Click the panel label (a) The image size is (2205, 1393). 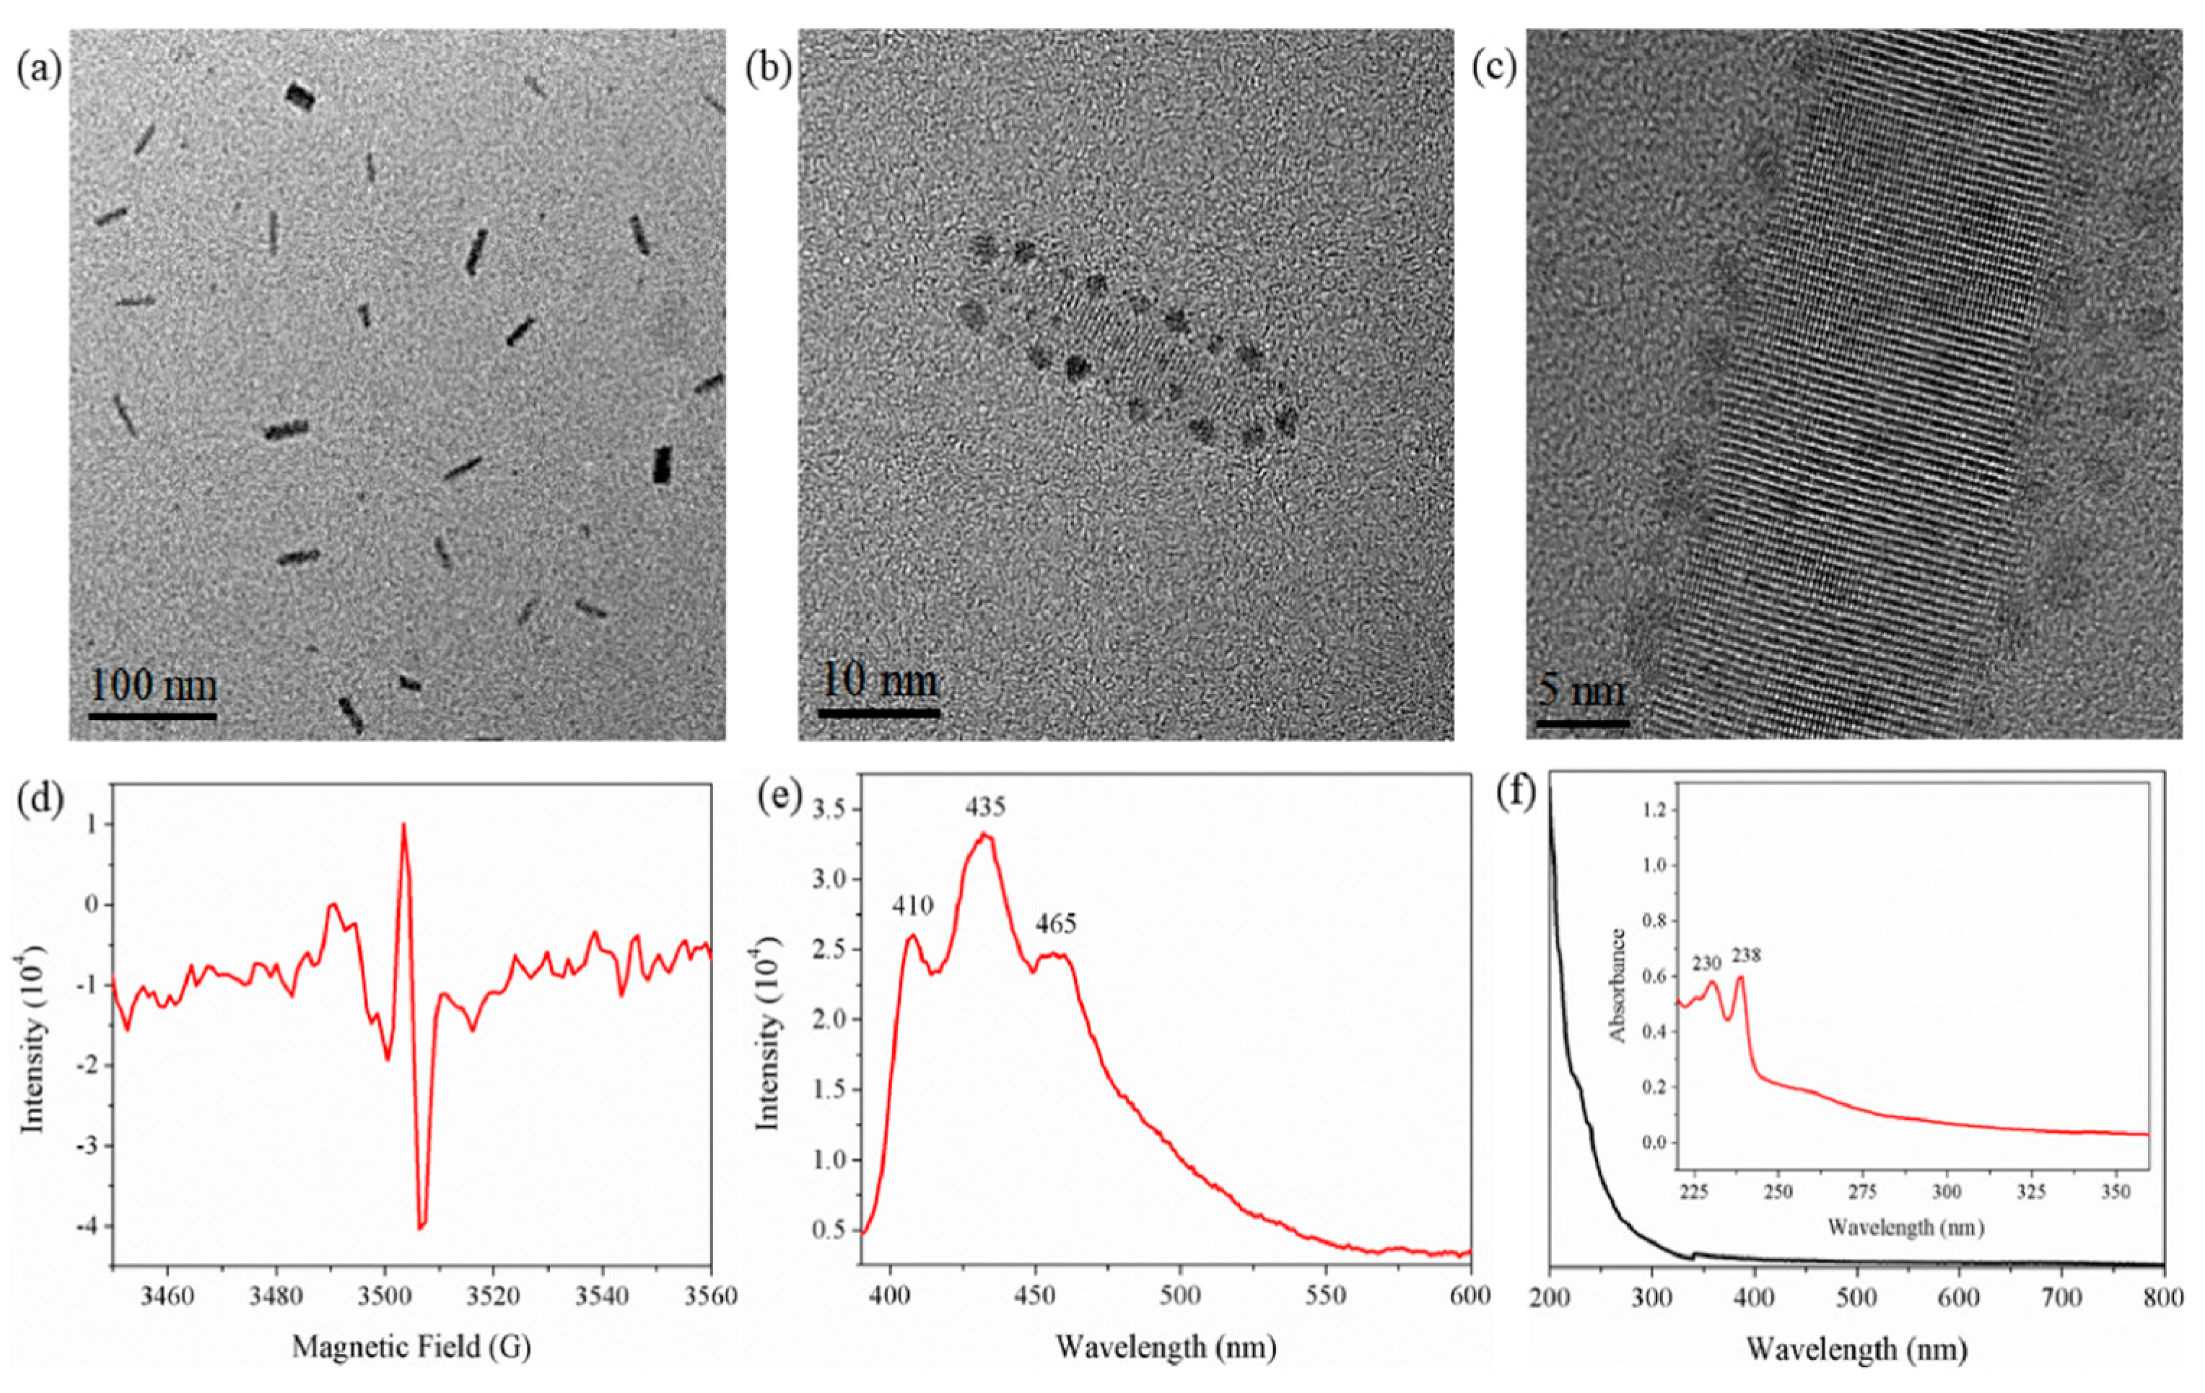(x=38, y=69)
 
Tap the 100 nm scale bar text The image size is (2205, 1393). (x=153, y=685)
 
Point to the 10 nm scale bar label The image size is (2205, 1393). (x=879, y=680)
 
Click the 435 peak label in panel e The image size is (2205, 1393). (x=984, y=807)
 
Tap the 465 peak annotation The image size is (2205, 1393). (x=1056, y=924)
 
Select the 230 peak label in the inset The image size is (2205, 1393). (x=1707, y=963)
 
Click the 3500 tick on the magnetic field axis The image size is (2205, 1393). (x=385, y=1297)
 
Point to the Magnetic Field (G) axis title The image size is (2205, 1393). (x=411, y=1346)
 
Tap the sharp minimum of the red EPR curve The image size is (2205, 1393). (x=422, y=1226)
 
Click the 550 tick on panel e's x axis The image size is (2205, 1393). (x=1326, y=1297)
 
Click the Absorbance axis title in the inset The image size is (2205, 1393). (x=1618, y=985)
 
